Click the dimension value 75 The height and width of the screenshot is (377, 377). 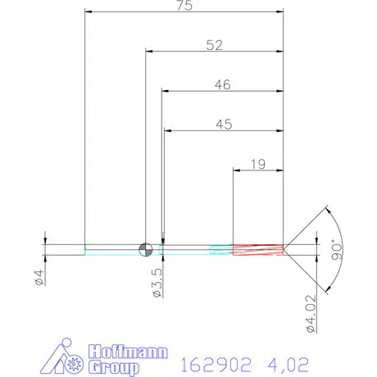pyautogui.click(x=184, y=7)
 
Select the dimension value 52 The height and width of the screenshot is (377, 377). pyautogui.click(x=215, y=46)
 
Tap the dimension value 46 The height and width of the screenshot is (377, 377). pyautogui.click(x=222, y=84)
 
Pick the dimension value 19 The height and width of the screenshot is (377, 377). pyautogui.click(x=257, y=164)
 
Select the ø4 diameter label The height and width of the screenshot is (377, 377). pyautogui.click(x=39, y=278)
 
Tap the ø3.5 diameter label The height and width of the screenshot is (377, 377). pyautogui.click(x=158, y=281)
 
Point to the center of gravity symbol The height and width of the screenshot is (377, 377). pyautogui.click(x=146, y=249)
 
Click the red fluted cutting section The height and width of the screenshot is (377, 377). pyautogui.click(x=258, y=249)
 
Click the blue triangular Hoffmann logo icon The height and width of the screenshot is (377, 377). pyautogui.click(x=65, y=358)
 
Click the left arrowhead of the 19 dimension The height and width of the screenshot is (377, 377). pyautogui.click(x=238, y=171)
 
